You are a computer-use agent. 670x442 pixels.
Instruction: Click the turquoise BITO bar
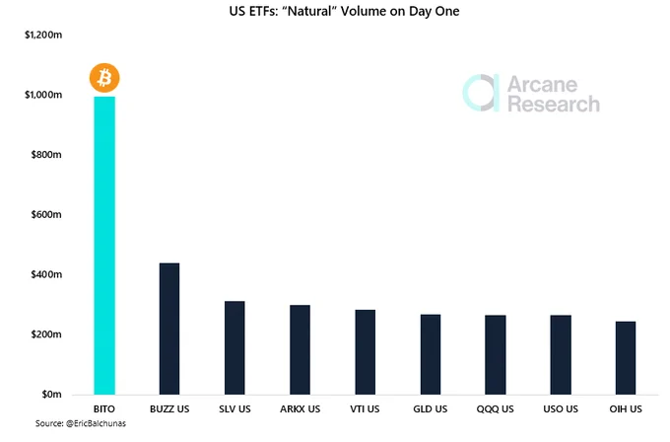tap(104, 246)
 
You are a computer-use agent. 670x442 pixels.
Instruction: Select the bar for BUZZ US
tap(169, 329)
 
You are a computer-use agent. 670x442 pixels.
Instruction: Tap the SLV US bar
tap(234, 347)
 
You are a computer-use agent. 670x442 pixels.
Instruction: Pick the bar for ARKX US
tap(300, 349)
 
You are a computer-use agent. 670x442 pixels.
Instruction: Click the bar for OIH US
tap(626, 358)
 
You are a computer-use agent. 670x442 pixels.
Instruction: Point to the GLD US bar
tap(431, 354)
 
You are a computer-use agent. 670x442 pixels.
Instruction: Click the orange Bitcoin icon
tap(104, 78)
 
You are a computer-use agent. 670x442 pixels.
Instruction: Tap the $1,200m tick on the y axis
tap(43, 35)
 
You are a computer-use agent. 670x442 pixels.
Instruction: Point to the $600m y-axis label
tap(46, 214)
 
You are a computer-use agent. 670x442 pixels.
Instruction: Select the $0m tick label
tap(51, 394)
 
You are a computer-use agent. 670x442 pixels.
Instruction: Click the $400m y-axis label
tap(46, 274)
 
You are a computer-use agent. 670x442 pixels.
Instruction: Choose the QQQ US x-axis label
tap(496, 409)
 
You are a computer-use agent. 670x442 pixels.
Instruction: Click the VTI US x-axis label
tap(365, 409)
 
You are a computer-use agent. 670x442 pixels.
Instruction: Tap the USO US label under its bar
tap(561, 409)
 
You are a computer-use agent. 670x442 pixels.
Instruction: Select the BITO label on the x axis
tap(104, 409)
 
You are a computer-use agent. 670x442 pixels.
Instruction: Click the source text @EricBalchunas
tap(96, 423)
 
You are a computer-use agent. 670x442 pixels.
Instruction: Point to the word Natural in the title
tap(309, 11)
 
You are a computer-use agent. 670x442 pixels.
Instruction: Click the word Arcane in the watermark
tap(542, 84)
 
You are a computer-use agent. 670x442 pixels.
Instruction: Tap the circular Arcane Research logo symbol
tap(481, 93)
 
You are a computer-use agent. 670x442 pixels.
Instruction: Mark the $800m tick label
tap(46, 155)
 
